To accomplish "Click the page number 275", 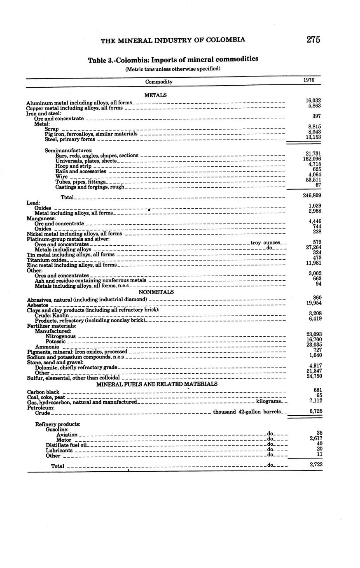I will [x=313, y=40].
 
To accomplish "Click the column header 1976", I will [x=309, y=80].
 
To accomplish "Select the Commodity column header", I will [x=159, y=81].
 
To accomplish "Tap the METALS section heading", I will [x=155, y=95].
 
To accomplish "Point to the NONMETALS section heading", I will [x=156, y=292].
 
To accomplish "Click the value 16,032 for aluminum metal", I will [x=313, y=100].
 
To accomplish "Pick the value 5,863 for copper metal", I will [x=314, y=106].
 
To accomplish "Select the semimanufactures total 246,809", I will [x=312, y=195].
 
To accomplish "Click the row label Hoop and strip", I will [x=73, y=166].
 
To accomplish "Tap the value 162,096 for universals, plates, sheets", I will [x=312, y=159].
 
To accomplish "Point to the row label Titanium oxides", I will [x=46, y=260].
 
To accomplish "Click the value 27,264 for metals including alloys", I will [x=313, y=247].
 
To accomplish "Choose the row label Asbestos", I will [x=37, y=305].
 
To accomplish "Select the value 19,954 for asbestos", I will [x=313, y=303].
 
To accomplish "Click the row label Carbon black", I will [x=43, y=392].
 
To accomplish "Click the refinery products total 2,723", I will [x=313, y=464].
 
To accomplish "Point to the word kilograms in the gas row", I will [x=269, y=401].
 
